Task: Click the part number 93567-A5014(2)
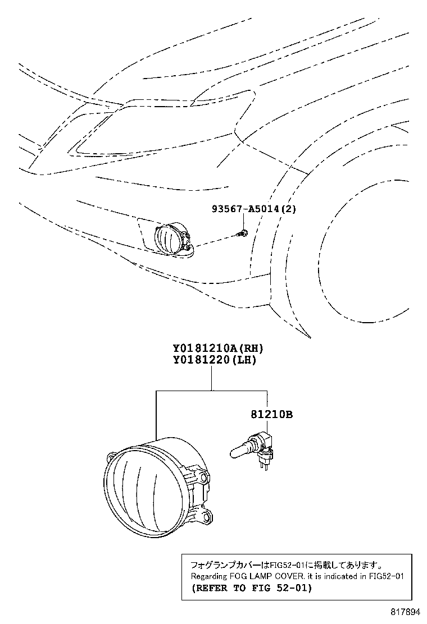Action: (x=254, y=209)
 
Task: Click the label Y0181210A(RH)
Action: (x=218, y=348)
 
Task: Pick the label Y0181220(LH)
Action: (x=214, y=360)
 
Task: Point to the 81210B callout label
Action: (x=272, y=415)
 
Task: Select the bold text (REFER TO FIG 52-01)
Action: (x=252, y=588)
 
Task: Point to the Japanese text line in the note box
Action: (x=287, y=565)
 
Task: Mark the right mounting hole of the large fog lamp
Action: (x=205, y=476)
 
